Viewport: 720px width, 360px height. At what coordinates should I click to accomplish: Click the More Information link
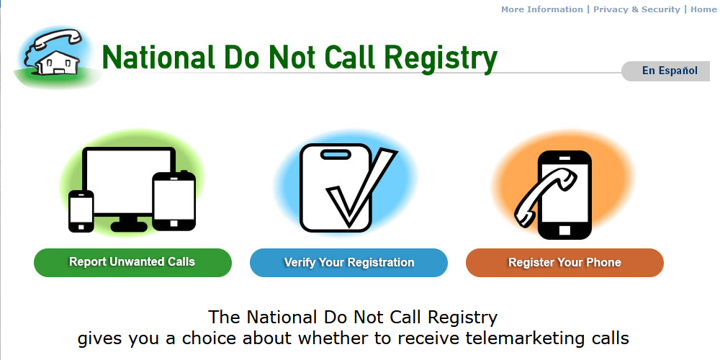click(x=541, y=9)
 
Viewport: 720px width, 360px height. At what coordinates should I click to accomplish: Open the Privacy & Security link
click(x=636, y=9)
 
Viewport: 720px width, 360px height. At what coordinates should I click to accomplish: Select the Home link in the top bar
click(x=703, y=9)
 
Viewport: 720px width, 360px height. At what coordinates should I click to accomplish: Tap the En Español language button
click(x=669, y=71)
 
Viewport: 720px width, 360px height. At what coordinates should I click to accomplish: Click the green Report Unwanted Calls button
click(x=132, y=262)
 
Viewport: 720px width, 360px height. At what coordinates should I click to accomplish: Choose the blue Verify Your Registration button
click(x=348, y=263)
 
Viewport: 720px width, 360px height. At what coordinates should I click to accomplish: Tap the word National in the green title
click(x=154, y=58)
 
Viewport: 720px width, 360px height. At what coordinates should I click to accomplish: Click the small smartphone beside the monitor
click(x=81, y=210)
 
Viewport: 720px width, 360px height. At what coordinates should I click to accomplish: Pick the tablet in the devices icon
click(x=174, y=201)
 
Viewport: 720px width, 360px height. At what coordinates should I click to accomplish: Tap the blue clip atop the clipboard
click(x=335, y=154)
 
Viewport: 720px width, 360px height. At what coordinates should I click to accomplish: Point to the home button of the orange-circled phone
click(x=564, y=230)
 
